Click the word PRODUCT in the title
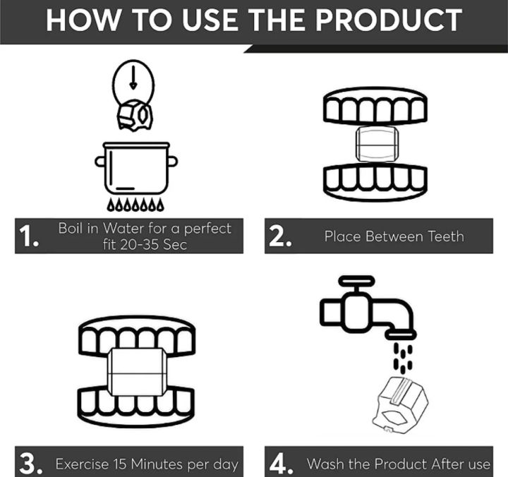389,20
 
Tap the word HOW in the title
83,20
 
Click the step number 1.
29,236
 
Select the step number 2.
280,236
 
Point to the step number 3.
31,464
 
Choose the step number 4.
282,464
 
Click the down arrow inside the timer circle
133,78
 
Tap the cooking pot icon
136,168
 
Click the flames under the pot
135,205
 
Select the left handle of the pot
99,162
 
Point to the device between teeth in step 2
377,144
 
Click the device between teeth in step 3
136,373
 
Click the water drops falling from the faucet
403,358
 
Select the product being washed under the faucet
400,405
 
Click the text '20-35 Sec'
145,244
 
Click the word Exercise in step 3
83,464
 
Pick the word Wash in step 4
325,464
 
